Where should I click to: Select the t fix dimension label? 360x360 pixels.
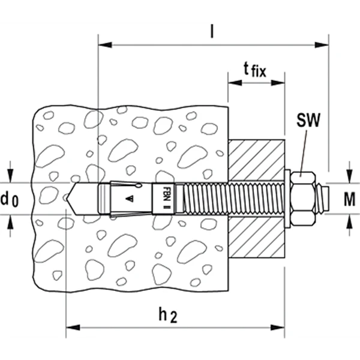tap(255, 71)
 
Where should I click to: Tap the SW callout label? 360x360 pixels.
tap(308, 119)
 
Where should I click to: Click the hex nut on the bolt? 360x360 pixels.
tap(304, 197)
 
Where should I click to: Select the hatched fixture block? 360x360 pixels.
tap(256, 198)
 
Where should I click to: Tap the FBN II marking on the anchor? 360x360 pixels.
tap(166, 197)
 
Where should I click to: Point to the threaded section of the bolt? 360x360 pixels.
tap(228, 197)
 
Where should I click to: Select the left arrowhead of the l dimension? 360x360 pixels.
tap(101, 44)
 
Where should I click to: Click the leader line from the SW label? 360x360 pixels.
tap(304, 150)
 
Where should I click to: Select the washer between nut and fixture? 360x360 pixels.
tap(287, 197)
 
